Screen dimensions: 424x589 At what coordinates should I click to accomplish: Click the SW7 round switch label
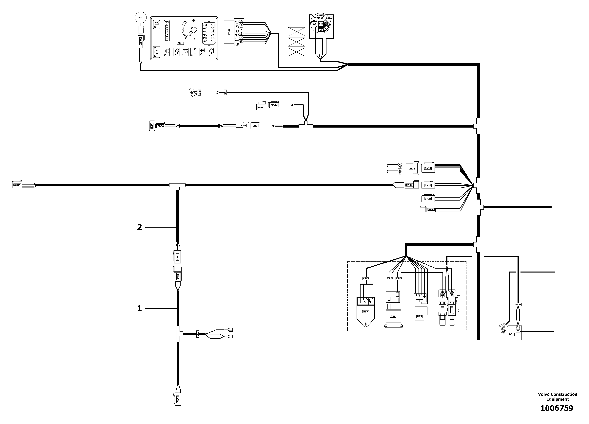(x=141, y=18)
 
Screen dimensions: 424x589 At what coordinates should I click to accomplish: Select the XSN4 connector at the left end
(x=17, y=185)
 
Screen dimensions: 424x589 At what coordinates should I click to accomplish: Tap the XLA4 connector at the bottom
(x=178, y=399)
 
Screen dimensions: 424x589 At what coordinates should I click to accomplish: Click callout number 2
(x=139, y=228)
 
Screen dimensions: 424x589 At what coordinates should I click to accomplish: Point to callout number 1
(x=139, y=308)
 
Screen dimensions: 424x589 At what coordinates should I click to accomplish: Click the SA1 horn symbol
(x=194, y=93)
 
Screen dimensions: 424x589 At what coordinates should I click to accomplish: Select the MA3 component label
(x=261, y=107)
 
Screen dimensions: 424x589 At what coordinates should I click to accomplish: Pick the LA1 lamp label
(x=152, y=126)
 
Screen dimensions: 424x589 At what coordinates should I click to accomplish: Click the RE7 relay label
(x=365, y=312)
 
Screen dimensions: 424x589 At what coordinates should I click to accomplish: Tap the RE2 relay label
(x=393, y=316)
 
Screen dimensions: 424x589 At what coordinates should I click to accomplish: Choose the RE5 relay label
(x=419, y=316)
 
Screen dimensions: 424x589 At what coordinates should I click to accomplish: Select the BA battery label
(x=511, y=334)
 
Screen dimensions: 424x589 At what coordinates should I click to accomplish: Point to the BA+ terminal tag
(x=518, y=304)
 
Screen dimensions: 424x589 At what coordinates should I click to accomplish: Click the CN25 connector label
(x=431, y=210)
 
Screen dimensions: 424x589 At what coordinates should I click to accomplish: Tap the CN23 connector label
(x=428, y=199)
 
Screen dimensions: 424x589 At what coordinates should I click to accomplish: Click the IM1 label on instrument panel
(x=180, y=43)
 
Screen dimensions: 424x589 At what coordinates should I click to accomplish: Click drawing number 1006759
(x=557, y=408)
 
